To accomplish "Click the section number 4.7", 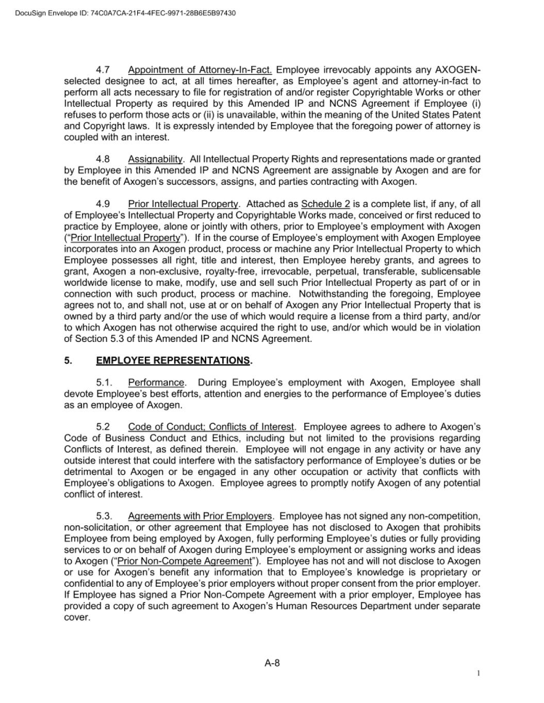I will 103,70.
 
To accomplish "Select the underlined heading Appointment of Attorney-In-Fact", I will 200,70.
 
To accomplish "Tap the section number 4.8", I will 103,159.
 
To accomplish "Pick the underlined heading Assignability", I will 155,159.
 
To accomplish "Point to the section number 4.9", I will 103,204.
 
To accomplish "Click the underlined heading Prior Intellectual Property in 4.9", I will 183,204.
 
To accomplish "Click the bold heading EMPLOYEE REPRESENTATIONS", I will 173,361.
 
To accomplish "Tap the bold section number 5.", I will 68,361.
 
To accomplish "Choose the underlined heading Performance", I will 156,383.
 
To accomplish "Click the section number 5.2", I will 103,427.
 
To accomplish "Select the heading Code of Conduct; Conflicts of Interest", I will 211,427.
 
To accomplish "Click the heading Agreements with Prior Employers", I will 200,516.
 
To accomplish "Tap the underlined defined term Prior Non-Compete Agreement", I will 184,561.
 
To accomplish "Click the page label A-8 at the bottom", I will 272,663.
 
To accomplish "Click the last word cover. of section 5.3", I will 77,617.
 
